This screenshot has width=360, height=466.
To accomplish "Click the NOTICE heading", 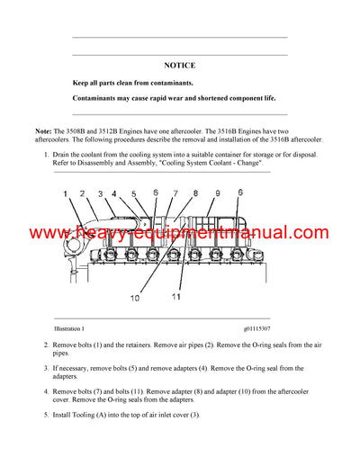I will [x=179, y=66].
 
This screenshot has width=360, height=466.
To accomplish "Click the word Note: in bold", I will [x=45, y=131].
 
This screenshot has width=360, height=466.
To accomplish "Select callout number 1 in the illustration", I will [x=65, y=193].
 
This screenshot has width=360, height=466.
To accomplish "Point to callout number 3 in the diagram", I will [x=101, y=193].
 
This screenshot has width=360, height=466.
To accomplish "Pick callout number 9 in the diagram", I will [x=217, y=193].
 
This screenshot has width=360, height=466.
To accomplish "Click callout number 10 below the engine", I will [x=135, y=297].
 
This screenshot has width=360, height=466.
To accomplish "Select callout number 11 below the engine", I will [x=176, y=296].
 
